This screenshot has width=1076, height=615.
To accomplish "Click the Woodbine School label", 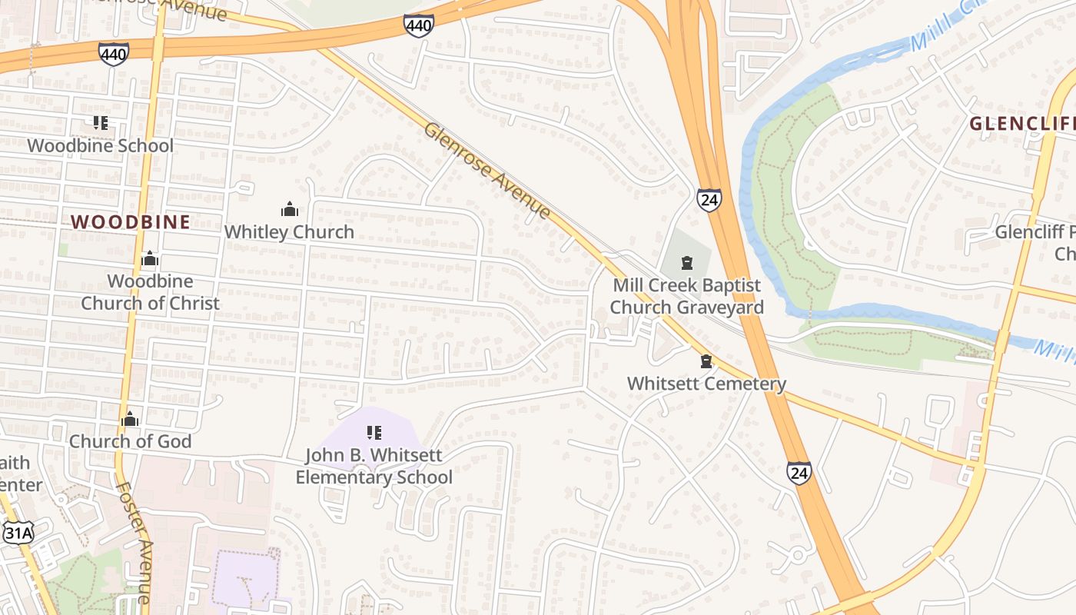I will tap(100, 145).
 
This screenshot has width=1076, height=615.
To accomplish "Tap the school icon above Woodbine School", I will tap(100, 123).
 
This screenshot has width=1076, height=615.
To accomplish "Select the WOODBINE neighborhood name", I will tap(131, 222).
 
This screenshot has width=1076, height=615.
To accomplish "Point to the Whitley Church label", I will tap(289, 231).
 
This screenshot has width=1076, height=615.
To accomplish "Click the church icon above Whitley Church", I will tap(290, 209).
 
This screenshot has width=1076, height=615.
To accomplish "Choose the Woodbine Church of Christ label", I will tap(150, 292).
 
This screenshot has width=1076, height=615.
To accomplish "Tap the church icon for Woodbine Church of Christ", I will tap(150, 259).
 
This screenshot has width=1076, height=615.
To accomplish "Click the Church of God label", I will tap(130, 441).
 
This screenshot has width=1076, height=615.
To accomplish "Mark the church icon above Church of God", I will tap(130, 419).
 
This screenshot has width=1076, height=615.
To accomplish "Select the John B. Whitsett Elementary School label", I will tap(374, 466).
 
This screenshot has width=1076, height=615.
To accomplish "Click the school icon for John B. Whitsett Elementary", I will tap(374, 433).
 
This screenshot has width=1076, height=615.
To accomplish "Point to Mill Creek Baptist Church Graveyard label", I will tap(686, 296).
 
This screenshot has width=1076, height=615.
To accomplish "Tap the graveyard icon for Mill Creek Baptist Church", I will tap(686, 263).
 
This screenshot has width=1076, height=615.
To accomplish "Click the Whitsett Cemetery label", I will tap(706, 383).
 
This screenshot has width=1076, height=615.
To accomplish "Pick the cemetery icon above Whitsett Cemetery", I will tap(706, 361).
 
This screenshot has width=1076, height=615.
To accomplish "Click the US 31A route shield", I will tap(18, 532).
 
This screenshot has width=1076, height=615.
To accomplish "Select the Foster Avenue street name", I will tap(134, 542).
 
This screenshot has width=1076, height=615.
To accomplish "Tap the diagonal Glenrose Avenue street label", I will tap(487, 171).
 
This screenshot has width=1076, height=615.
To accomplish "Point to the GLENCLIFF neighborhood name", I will tap(1021, 123).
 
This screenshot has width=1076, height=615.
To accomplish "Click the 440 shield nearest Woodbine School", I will tap(114, 53).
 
